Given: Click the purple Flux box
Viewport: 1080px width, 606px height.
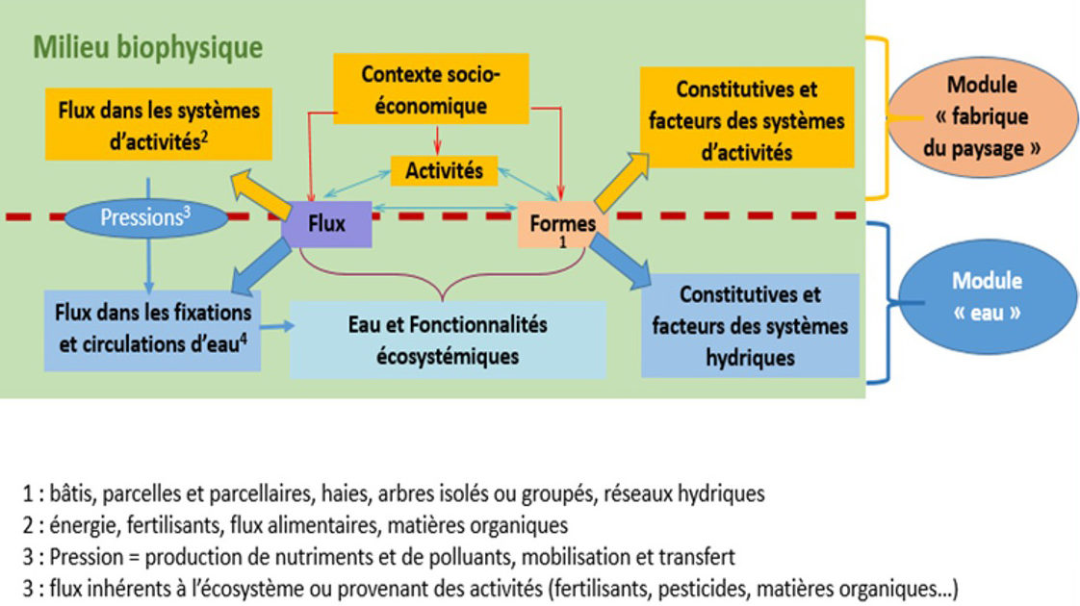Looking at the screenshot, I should pos(325,223).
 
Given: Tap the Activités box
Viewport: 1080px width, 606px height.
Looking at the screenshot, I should pos(443,172).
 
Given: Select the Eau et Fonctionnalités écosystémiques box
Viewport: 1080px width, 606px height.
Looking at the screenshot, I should pos(447,340).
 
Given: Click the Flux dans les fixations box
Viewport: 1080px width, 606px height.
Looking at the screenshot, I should pos(153,328).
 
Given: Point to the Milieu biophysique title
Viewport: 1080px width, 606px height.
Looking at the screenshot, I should pos(148,47).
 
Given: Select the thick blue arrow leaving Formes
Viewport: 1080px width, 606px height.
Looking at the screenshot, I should pos(625,263).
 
